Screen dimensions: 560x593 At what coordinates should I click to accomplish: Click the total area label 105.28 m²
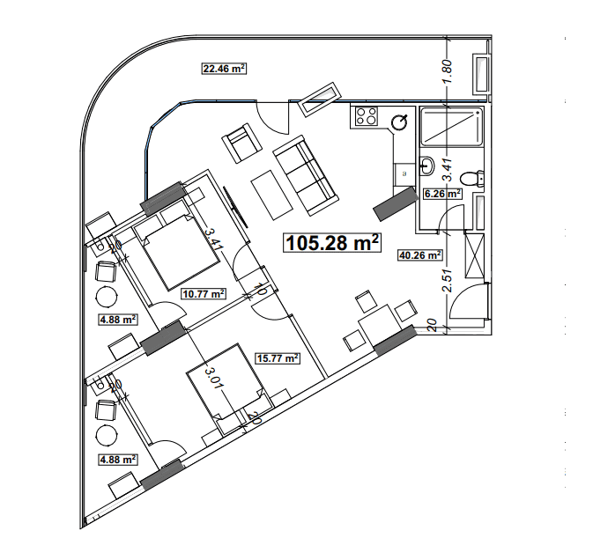[332, 242]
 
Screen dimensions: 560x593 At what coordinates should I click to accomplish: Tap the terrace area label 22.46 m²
[224, 68]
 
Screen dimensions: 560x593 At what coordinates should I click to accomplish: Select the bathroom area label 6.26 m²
[442, 193]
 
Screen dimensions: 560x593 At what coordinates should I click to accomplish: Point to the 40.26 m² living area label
[420, 255]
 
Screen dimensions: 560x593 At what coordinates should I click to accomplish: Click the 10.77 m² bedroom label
[203, 294]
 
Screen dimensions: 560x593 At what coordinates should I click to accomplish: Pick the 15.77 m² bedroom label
[277, 357]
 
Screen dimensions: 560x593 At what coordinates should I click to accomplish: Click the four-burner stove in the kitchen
[365, 117]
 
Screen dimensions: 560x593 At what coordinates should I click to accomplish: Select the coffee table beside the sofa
[273, 195]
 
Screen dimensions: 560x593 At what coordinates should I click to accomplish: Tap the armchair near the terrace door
[241, 143]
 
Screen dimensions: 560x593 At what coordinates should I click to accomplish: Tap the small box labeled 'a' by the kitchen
[404, 173]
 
